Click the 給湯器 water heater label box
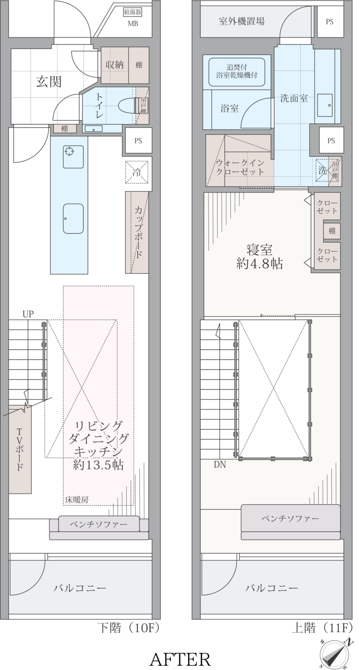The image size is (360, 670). [x=132, y=12]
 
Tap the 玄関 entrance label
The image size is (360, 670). [x=49, y=81]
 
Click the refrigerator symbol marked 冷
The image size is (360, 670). [x=136, y=172]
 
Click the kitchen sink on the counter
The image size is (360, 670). [x=73, y=219]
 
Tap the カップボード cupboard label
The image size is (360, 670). [x=138, y=232]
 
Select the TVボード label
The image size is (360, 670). [x=20, y=450]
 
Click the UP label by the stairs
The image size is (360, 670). [x=28, y=314]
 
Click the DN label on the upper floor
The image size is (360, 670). [x=220, y=464]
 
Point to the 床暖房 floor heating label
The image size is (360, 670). [x=77, y=500]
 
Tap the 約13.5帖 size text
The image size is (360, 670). [x=98, y=465]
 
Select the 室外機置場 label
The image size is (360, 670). [x=242, y=21]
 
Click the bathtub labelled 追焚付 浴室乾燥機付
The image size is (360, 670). [x=237, y=72]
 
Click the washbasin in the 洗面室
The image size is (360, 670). [x=325, y=105]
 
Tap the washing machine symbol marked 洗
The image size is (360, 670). [x=322, y=170]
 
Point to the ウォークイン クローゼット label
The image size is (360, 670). [x=240, y=167]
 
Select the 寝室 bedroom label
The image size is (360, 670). [x=260, y=250]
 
